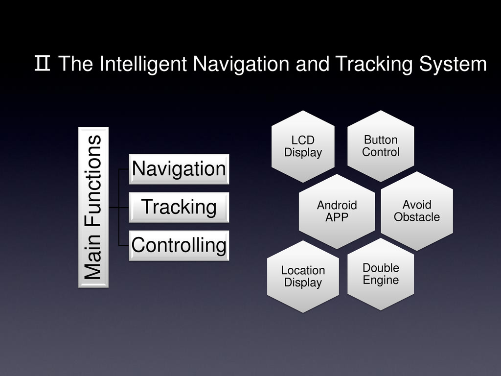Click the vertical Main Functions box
93,207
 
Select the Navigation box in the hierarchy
179,169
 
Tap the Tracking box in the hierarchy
179,207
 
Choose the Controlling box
179,245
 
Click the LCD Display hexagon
303,146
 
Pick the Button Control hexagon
381,146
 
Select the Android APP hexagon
337,211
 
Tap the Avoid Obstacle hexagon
417,211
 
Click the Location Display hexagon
303,276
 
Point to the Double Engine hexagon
381,274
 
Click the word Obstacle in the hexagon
417,217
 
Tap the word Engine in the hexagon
381,281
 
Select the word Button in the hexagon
381,140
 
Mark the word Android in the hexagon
337,205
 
